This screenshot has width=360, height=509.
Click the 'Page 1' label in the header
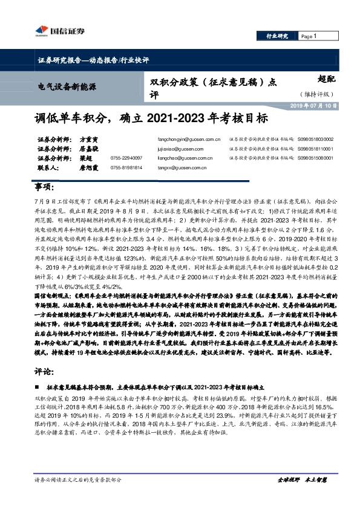coord(309,37)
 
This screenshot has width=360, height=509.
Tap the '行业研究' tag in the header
coord(278,37)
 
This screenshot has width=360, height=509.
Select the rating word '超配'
coord(325,79)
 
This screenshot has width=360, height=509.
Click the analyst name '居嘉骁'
coord(88,149)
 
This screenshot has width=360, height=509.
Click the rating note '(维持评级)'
coord(316,95)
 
